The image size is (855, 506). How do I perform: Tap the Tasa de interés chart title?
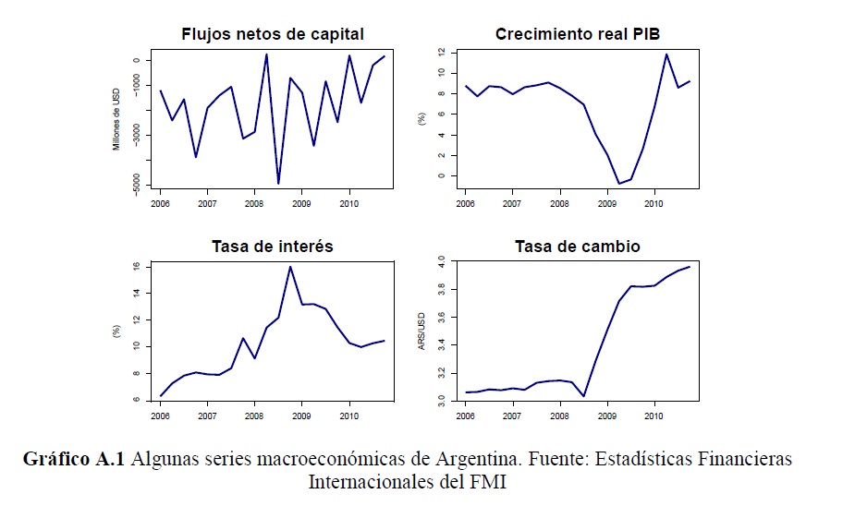coord(272,247)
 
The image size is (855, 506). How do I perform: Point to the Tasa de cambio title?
coord(578,247)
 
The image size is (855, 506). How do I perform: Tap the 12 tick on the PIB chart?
coord(442,52)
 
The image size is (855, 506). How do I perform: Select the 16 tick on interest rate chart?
coord(135,266)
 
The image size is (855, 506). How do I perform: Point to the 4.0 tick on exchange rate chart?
coord(442,263)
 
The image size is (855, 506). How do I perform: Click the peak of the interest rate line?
coord(290,267)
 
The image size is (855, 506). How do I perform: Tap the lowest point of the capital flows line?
coord(278,184)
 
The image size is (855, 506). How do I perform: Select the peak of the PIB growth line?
coord(666,54)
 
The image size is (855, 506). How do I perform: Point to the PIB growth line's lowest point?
coord(619,184)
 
